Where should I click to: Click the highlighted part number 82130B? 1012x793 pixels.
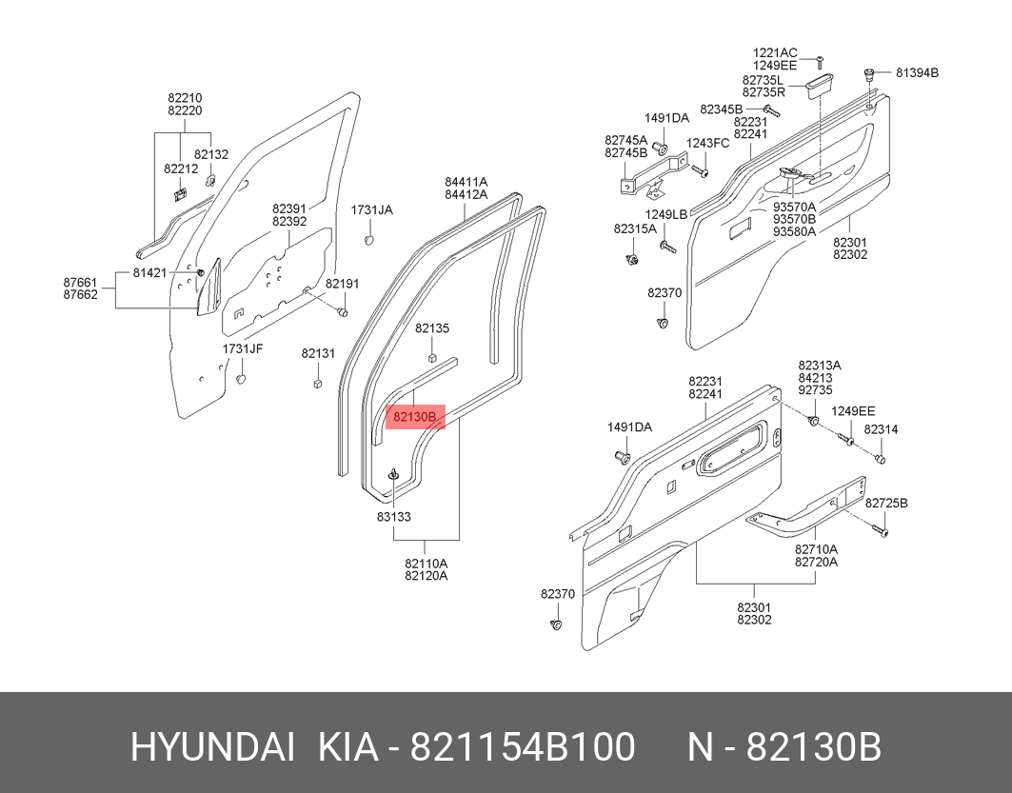click(415, 417)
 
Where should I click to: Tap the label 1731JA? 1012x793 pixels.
click(371, 209)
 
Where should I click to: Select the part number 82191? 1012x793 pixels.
click(342, 284)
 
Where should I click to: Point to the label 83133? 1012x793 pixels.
click(393, 517)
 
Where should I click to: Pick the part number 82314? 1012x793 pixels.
click(881, 429)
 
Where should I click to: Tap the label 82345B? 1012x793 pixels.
click(721, 109)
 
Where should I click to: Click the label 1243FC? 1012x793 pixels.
click(707, 143)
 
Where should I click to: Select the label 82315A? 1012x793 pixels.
click(634, 228)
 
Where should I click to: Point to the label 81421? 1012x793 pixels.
click(149, 272)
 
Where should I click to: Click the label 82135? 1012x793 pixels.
click(431, 328)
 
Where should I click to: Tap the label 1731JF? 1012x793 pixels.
click(243, 349)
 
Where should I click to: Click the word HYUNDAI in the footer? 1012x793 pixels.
click(212, 748)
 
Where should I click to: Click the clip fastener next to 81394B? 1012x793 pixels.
click(869, 75)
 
